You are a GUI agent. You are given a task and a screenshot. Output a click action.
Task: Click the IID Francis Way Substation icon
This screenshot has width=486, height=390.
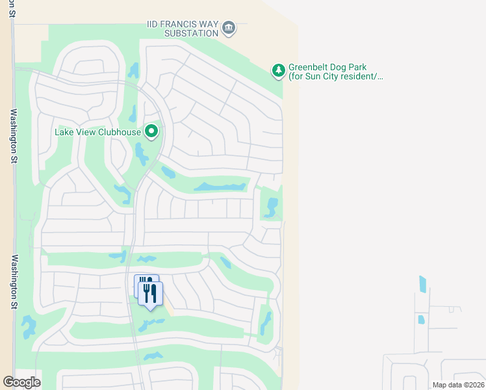coord(229,27)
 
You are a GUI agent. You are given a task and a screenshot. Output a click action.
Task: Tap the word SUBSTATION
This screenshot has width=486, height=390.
coord(191,33)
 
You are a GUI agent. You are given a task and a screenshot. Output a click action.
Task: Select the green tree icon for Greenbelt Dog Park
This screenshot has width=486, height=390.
coord(278,70)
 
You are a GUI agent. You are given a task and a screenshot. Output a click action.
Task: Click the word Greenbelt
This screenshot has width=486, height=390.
coord(309,67)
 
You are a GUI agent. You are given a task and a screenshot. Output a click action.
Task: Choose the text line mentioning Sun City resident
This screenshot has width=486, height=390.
coord(336,77)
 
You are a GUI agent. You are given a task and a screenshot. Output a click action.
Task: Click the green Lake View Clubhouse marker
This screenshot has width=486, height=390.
coord(152,132)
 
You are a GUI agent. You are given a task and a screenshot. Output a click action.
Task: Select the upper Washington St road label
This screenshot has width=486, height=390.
coord(13,134)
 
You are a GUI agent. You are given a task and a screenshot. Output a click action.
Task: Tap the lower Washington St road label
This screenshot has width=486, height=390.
coord(13,281)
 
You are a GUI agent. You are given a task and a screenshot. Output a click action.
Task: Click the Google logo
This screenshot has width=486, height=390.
coord(21,382)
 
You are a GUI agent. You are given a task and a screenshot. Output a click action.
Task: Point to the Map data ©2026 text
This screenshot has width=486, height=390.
coord(457,385)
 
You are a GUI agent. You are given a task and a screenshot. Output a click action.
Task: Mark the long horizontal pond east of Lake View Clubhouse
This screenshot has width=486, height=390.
coord(220,187)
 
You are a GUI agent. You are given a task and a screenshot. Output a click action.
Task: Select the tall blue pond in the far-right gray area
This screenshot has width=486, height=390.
coord(423,284)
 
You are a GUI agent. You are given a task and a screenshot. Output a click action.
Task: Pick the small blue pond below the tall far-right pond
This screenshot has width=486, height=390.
coord(421,320)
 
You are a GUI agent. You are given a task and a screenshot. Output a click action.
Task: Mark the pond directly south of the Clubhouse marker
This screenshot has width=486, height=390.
coord(140,155)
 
